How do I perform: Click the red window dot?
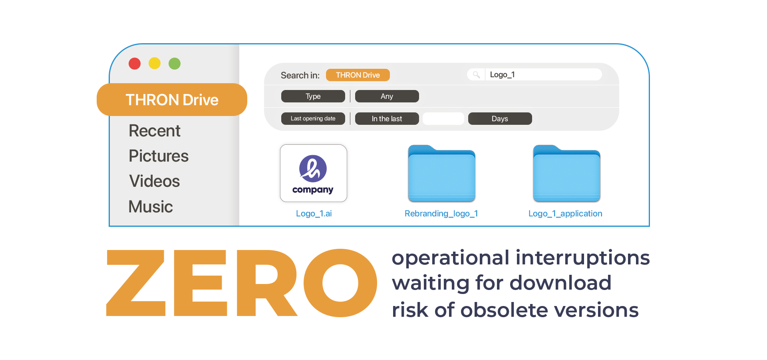135,64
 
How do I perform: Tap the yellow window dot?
155,64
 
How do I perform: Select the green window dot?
175,64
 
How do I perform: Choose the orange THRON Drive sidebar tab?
172,100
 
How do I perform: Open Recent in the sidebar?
155,131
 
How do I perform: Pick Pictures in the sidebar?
159,156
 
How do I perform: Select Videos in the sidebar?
155,181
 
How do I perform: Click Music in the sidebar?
151,207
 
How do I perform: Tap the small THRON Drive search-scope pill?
358,75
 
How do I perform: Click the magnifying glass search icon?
476,75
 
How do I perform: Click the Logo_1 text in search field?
502,75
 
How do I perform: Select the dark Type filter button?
313,96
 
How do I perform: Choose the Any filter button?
387,96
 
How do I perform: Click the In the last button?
387,119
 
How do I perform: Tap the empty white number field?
443,119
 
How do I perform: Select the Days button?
500,119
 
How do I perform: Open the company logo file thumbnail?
314,173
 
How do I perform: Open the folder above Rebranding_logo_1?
441,174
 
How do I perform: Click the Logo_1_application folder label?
565,214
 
